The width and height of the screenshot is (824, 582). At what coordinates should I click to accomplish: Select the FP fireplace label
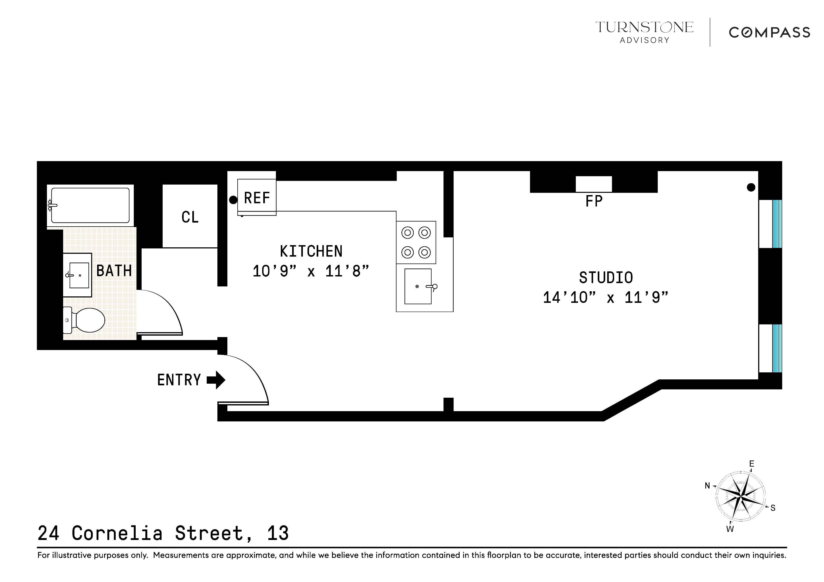[594, 201]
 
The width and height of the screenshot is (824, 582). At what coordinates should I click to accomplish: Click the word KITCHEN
[311, 251]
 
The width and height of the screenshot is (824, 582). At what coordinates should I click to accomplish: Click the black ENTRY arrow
[216, 380]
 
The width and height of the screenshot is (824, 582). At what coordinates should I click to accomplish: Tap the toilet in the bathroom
[86, 320]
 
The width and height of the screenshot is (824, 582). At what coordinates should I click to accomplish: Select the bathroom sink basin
[79, 275]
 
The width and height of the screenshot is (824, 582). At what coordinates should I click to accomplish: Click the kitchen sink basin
[418, 286]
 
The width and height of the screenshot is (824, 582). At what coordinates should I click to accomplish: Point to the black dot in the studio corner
[751, 187]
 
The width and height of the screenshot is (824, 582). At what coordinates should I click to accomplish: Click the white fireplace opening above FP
[594, 184]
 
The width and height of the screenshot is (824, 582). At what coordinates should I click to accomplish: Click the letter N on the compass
[707, 486]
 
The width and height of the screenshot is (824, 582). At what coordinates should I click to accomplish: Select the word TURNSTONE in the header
[644, 27]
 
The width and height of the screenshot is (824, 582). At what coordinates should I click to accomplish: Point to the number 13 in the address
[278, 533]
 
